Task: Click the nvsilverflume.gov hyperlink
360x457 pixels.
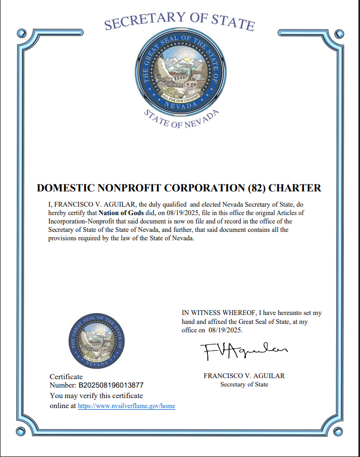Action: (126, 406)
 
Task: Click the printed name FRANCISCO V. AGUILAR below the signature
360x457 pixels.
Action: (244, 376)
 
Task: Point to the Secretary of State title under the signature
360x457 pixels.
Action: (244, 384)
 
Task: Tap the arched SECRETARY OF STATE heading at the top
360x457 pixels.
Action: (179, 21)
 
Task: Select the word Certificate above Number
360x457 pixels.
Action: (66, 377)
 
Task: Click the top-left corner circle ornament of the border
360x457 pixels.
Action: (21, 33)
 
